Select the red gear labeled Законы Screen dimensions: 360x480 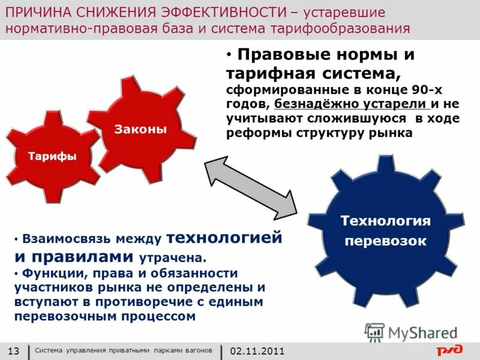pyautogui.click(x=141, y=128)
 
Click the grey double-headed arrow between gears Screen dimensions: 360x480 pyautogui.click(x=251, y=187)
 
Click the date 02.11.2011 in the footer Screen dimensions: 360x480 pyautogui.click(x=257, y=351)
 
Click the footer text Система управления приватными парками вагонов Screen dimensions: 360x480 pyautogui.click(x=123, y=350)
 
